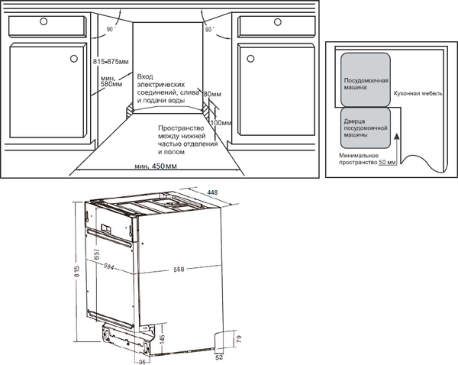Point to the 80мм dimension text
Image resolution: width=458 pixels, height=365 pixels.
212,94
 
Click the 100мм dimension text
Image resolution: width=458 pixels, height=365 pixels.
221,122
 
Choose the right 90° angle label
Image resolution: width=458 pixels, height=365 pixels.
208,29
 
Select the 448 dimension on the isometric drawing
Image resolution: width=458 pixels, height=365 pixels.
213,192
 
